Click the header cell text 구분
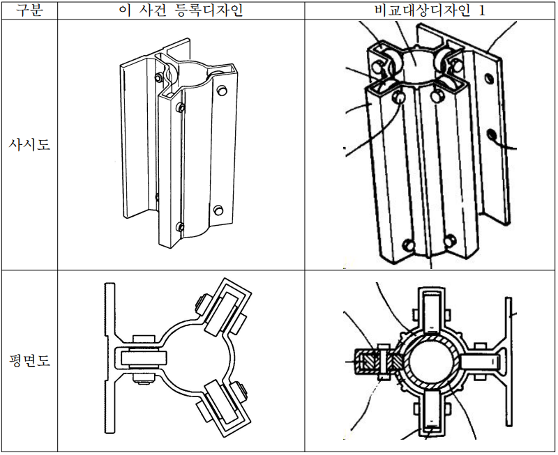point(29,10)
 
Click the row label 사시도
point(29,146)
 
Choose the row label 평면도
point(29,362)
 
